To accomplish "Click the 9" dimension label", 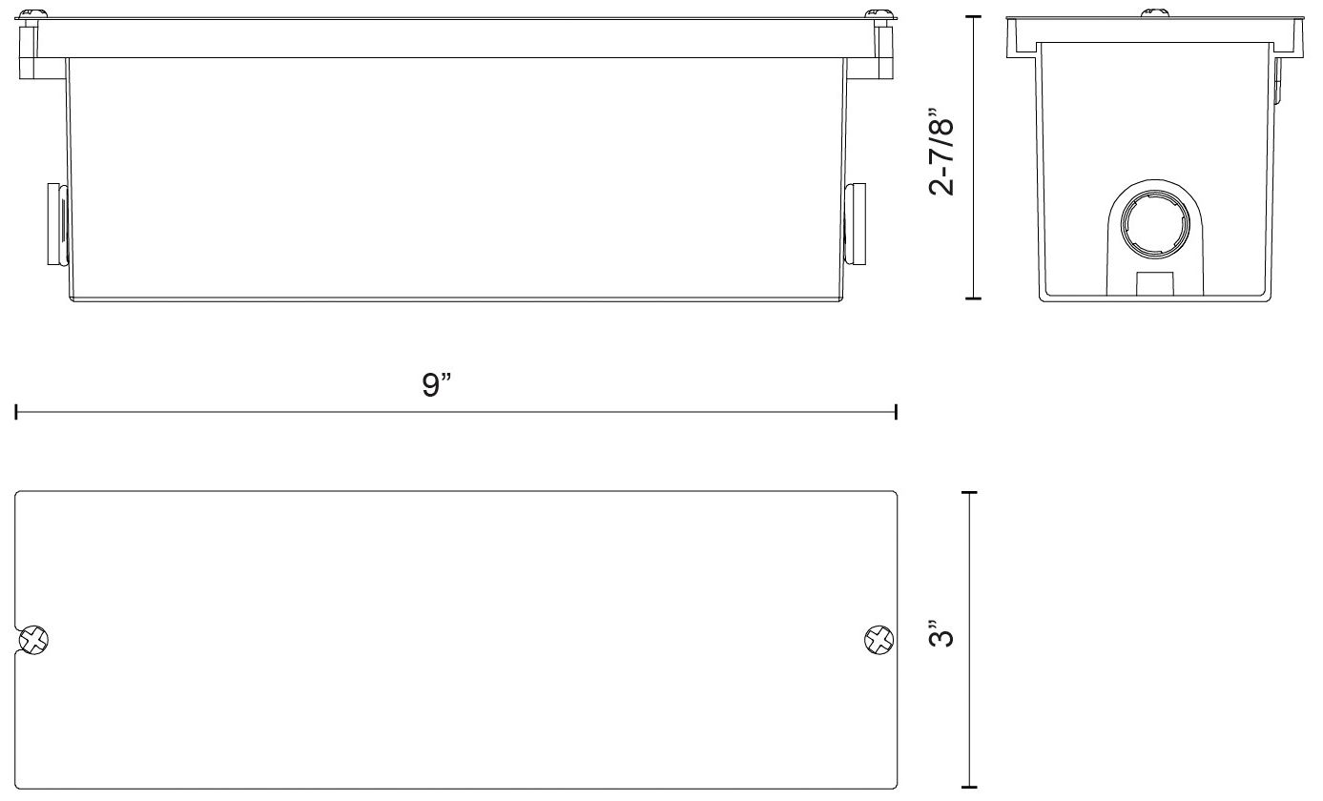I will (437, 386).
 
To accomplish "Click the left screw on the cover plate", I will (35, 640).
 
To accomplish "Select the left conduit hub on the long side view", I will (56, 225).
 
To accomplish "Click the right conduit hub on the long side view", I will (856, 225).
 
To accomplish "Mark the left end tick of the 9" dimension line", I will (16, 412).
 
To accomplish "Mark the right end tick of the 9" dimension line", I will (896, 412).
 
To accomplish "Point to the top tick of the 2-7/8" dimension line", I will (973, 16).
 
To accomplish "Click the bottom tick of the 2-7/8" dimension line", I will (973, 298).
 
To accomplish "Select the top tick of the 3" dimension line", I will (971, 492).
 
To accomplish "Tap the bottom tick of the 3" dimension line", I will (971, 788).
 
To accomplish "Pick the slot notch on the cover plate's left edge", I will (21, 640).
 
